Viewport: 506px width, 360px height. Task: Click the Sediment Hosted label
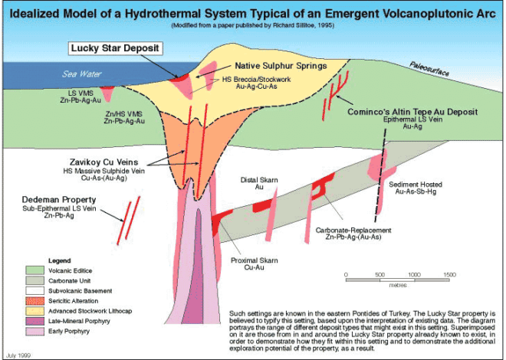pos(419,185)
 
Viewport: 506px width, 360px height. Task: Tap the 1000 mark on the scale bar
pos(414,274)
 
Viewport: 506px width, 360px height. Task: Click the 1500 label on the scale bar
pos(449,274)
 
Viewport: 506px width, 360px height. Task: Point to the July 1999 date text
pos(21,352)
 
